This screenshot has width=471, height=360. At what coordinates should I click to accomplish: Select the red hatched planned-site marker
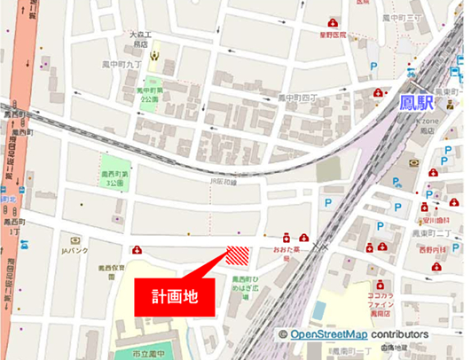(237, 254)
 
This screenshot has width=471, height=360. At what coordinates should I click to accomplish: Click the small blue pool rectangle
(318, 309)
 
